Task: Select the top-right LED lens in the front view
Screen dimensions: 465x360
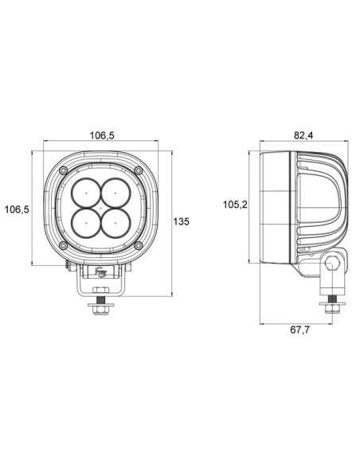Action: pos(114,193)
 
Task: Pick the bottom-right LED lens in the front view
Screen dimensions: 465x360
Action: pos(114,219)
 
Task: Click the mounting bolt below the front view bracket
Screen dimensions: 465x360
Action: pos(100,306)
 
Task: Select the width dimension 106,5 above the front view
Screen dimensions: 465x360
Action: pos(100,135)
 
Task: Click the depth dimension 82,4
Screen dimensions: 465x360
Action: pos(303,135)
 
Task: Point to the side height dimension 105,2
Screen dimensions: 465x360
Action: pos(233,205)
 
